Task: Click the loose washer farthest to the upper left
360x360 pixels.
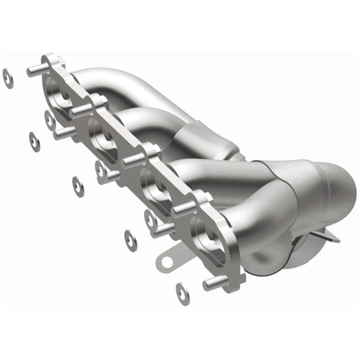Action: [x=8, y=78]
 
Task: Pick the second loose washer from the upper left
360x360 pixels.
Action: [x=34, y=141]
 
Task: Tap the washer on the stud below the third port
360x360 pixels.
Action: [x=150, y=219]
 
